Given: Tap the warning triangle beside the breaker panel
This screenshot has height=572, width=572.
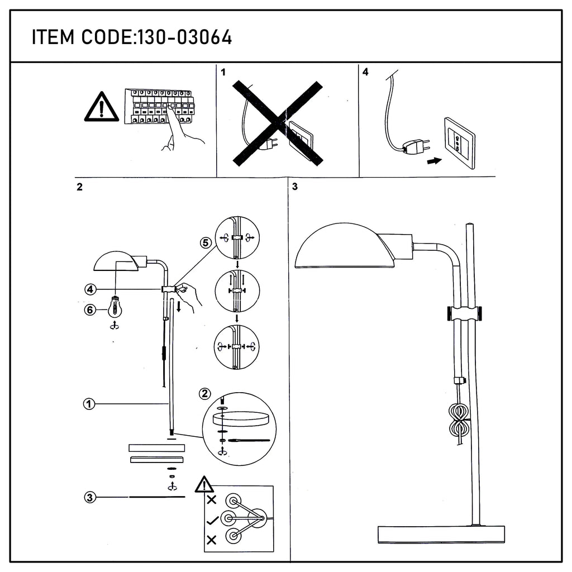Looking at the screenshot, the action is (102, 107).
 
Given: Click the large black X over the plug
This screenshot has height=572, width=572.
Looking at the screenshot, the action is (278, 123).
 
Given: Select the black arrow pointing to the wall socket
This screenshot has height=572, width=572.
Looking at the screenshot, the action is (435, 160).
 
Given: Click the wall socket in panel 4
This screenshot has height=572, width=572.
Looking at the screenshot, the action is (459, 143).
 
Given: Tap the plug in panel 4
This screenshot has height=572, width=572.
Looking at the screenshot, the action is (415, 146).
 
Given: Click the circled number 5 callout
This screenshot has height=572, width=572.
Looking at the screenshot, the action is (206, 242).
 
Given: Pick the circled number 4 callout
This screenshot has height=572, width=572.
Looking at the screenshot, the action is (90, 290).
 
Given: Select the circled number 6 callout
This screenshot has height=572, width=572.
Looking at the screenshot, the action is (90, 310).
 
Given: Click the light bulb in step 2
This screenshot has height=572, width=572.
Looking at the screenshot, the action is (115, 307).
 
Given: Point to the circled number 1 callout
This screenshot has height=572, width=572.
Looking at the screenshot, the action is (89, 404).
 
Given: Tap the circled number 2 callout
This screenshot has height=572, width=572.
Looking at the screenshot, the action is (204, 394).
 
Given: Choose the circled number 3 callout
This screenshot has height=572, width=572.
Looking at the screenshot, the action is (90, 497).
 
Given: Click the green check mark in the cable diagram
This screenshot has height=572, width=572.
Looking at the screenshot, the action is (212, 521).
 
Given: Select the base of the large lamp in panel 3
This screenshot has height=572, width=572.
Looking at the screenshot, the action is (441, 535).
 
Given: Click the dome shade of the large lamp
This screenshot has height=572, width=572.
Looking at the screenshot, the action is (344, 246).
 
